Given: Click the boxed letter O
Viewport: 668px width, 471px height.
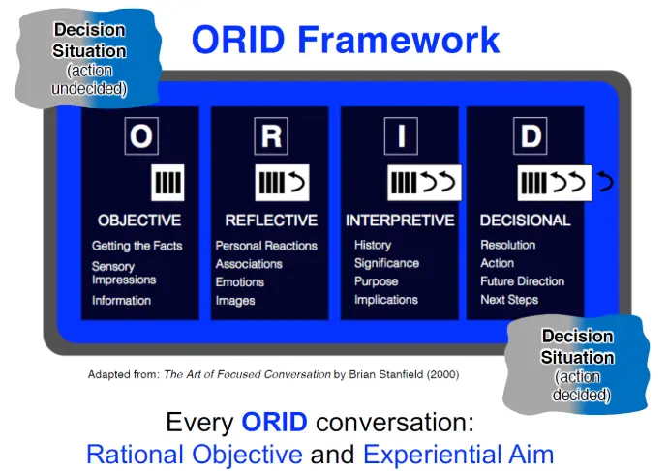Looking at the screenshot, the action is tap(141, 135).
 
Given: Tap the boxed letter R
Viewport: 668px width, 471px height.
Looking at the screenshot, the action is tap(271, 135).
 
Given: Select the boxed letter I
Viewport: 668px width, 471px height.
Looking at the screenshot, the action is tap(401, 135).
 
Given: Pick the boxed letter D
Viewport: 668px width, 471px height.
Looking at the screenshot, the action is tap(531, 135).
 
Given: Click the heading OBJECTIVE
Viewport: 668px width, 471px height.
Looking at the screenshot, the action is tap(139, 221).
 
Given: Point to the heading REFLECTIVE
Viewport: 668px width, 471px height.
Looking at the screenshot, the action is tap(271, 221).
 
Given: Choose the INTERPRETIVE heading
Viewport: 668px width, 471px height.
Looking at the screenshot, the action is tap(400, 221).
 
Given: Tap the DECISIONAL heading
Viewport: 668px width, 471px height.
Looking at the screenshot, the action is tap(526, 221).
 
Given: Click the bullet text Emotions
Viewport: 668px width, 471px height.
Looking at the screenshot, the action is tap(240, 282).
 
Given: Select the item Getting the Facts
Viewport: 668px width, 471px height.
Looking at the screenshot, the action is tap(137, 246).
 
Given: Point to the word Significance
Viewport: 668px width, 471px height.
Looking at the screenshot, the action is tap(386, 263).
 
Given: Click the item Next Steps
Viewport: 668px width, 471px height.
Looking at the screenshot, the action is tap(509, 300).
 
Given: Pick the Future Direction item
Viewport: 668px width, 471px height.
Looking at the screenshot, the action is tap(523, 281).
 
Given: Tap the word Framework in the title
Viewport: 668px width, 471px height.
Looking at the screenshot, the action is tap(398, 40).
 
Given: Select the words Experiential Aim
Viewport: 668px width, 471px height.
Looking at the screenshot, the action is tap(458, 454).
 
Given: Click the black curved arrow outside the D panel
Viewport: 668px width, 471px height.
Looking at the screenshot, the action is tap(605, 182).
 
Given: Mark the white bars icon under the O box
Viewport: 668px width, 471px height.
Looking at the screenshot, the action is tap(167, 183).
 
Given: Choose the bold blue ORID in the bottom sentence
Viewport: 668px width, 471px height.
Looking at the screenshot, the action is tap(274, 422).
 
